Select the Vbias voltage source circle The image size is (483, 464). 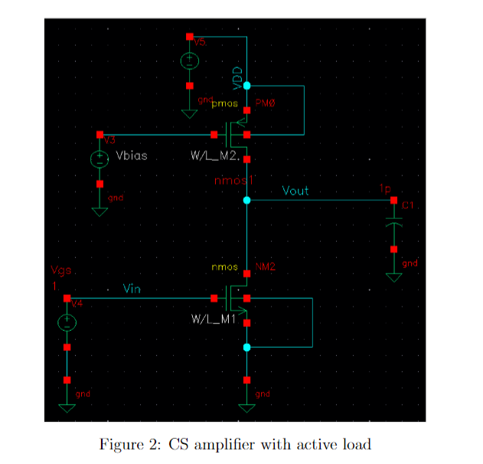[x=100, y=159]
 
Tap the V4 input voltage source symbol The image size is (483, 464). [x=67, y=322]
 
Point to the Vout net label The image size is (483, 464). [x=295, y=190]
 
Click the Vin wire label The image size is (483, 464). [x=132, y=289]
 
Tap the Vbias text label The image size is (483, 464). [x=132, y=155]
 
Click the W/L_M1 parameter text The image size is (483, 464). [x=213, y=318]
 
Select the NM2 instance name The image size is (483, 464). [x=265, y=267]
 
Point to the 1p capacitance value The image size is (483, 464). [x=383, y=188]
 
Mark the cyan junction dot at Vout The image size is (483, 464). [x=246, y=200]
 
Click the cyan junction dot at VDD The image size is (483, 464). [x=246, y=86]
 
